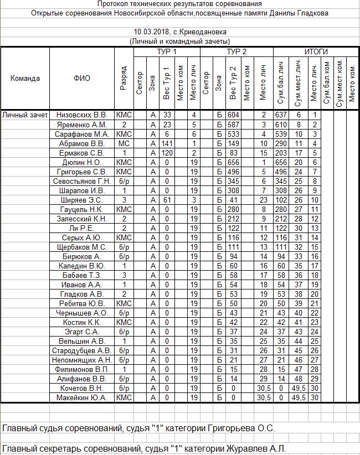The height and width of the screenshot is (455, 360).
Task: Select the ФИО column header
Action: pyautogui.click(x=81, y=78)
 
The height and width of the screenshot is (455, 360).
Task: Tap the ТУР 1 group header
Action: pyautogui.click(x=166, y=51)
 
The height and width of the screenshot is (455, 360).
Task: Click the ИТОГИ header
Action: pyautogui.click(x=316, y=51)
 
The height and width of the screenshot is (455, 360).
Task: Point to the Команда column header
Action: pyautogui.click(x=25, y=78)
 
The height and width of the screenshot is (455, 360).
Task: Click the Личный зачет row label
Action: pyautogui.click(x=25, y=115)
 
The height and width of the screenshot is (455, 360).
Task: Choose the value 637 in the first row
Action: pyautogui.click(x=282, y=115)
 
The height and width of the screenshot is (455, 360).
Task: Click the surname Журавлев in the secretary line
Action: pyautogui.click(x=244, y=448)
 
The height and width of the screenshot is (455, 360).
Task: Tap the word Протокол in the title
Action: pyautogui.click(x=114, y=4)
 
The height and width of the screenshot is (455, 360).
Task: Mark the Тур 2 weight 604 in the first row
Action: pyautogui.click(x=233, y=115)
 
